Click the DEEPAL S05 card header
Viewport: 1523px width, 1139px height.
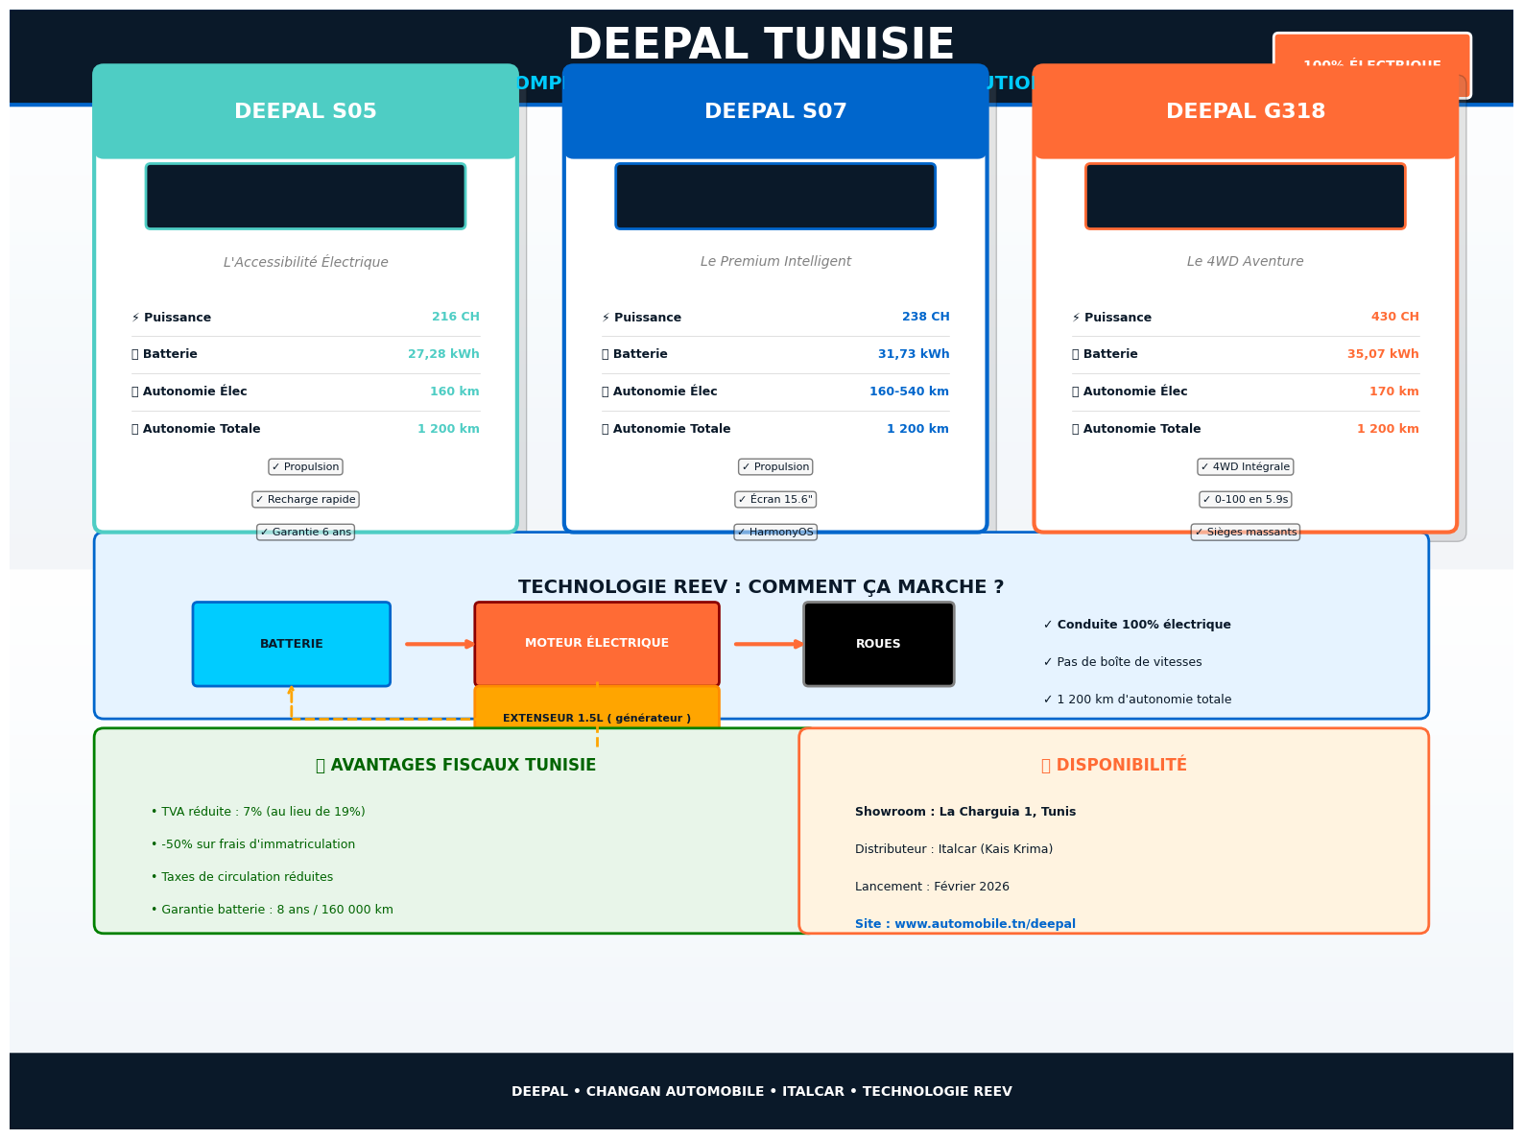pos(305,111)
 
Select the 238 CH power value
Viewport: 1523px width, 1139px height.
pos(925,317)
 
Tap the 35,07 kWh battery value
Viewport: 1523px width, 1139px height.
pos(1382,354)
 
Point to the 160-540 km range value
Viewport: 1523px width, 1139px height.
pos(908,392)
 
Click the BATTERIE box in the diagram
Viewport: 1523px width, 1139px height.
pos(291,644)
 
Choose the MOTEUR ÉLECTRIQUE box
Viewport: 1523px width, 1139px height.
pos(596,643)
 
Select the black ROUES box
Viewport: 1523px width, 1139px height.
pos(878,644)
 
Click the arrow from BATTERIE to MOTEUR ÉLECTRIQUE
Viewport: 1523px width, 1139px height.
pos(440,644)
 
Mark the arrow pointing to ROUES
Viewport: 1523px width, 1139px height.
pos(769,644)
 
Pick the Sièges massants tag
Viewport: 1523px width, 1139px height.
pos(1245,533)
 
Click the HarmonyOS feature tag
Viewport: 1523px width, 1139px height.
pos(774,533)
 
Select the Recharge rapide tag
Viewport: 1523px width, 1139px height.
pos(305,500)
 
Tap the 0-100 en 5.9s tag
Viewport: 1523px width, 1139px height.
pos(1245,500)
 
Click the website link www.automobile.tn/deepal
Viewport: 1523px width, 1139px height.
pos(964,924)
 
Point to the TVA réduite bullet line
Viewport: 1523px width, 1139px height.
pos(257,812)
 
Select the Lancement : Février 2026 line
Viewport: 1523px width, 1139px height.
pos(931,887)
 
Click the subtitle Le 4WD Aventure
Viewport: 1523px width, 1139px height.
pos(1245,262)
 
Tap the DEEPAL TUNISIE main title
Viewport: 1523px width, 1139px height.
pos(761,44)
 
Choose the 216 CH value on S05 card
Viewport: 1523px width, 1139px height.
pos(455,317)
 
